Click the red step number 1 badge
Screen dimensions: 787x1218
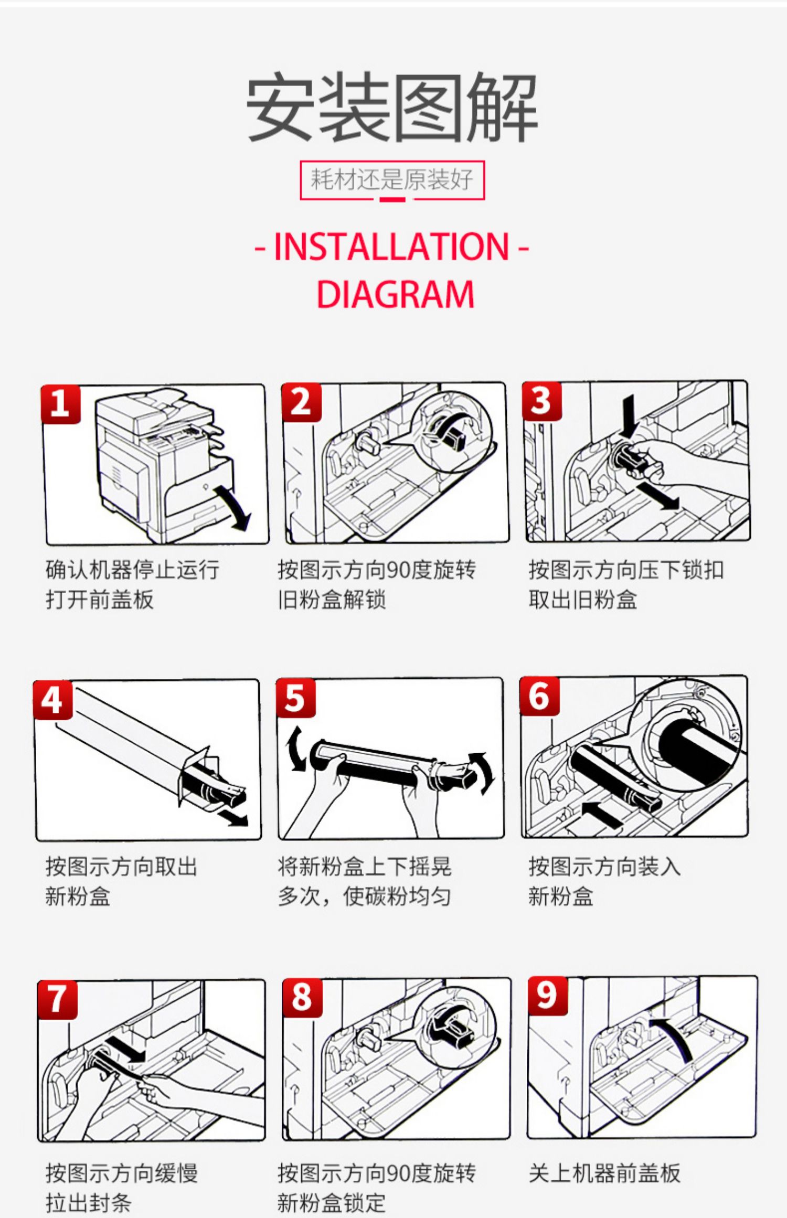pos(60,404)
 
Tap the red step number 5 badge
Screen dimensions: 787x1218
pos(296,698)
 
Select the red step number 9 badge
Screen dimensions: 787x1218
pos(547,996)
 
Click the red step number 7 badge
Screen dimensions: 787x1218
pos(57,1000)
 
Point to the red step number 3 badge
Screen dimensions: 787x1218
pos(541,401)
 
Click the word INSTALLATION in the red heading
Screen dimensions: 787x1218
pos(391,247)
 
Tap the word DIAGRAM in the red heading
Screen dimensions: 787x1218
pos(396,294)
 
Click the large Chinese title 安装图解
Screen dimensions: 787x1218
pos(392,108)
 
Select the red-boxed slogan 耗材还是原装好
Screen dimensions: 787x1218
pos(392,180)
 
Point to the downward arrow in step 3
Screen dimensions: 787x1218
pos(629,415)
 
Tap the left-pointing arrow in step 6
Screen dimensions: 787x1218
pos(601,812)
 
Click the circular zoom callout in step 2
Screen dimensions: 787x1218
pos(451,432)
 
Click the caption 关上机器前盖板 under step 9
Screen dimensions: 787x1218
pos(604,1173)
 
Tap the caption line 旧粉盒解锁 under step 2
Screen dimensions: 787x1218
pos(332,599)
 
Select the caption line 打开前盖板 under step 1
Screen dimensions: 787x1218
pos(100,599)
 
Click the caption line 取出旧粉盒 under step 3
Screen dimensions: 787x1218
pos(583,599)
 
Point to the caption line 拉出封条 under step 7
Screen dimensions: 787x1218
pos(89,1203)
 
